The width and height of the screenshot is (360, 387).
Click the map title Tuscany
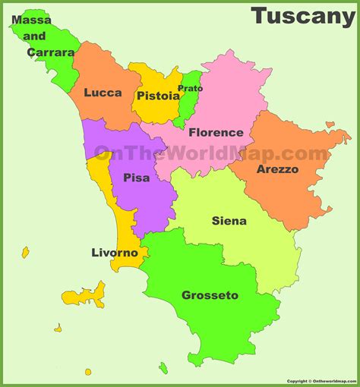(302, 16)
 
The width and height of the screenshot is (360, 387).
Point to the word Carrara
(51, 52)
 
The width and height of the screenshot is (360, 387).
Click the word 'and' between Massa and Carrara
(34, 36)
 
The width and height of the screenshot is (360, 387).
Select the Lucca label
(103, 93)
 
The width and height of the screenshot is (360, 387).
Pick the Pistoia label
(158, 96)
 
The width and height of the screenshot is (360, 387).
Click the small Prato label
(190, 89)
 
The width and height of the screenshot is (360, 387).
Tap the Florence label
(216, 132)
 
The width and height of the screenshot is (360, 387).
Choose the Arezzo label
(277, 169)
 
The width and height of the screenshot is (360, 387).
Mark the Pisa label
(135, 178)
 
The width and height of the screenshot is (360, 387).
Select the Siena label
(229, 221)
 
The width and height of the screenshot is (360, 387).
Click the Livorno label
(115, 253)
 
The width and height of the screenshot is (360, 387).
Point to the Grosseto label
(210, 295)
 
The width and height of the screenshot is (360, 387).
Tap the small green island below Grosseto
(163, 368)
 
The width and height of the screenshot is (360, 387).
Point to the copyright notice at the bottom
(321, 382)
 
